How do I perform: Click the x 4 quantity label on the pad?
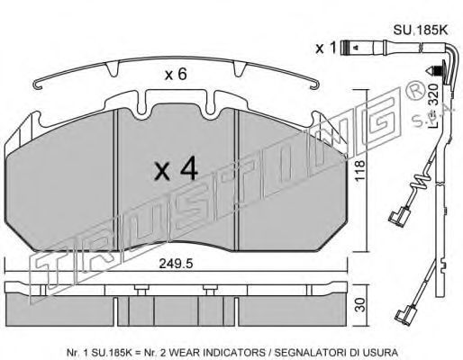pyautogui.click(x=177, y=169)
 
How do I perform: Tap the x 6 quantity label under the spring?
pyautogui.click(x=176, y=74)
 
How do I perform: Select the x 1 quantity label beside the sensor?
pyautogui.click(x=325, y=48)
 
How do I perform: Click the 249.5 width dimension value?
pyautogui.click(x=176, y=264)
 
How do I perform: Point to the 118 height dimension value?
pyautogui.click(x=359, y=170)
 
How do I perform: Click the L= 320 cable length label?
pyautogui.click(x=433, y=105)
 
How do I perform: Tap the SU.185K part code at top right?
pyautogui.click(x=421, y=30)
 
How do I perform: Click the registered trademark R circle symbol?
pyautogui.click(x=415, y=92)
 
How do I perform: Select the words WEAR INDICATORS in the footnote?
pyautogui.click(x=214, y=352)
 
